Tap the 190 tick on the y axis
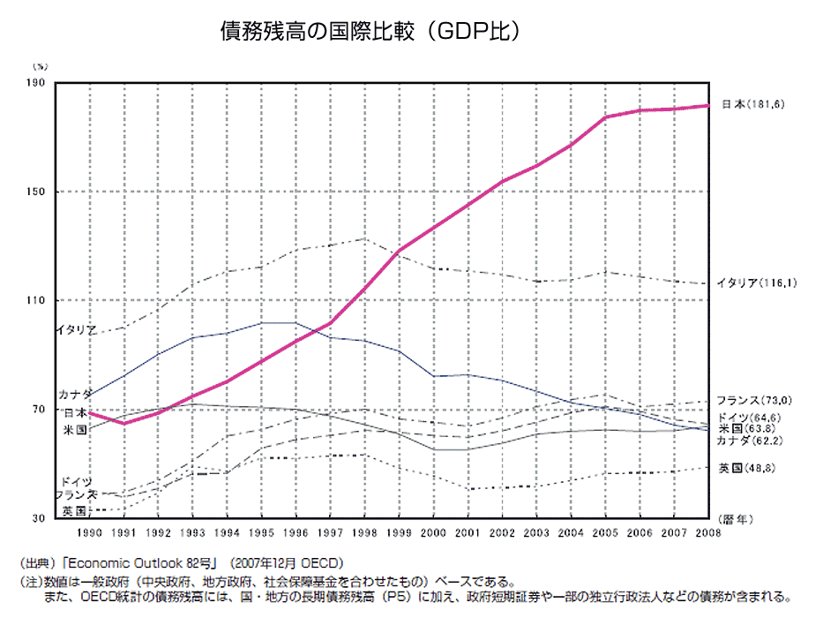pos(37,84)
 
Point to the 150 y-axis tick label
pos(37,192)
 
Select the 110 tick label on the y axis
pos(37,301)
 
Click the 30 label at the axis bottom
pos(40,518)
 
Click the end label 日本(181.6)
pos(752,104)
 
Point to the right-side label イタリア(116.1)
pos(756,283)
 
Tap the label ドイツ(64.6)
pos(750,417)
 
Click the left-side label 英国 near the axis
pos(75,510)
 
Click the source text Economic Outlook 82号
pos(134,562)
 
